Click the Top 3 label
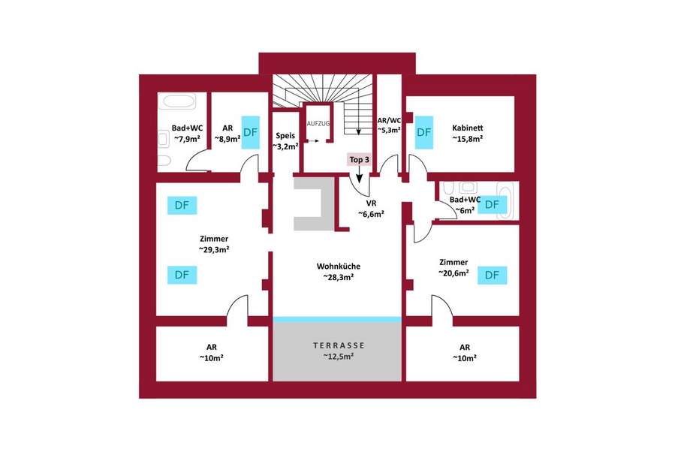coord(359,159)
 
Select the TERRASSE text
coord(339,345)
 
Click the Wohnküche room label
coord(338,266)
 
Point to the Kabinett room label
coord(467,127)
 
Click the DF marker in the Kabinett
coord(424,131)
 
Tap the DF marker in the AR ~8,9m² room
coord(251,131)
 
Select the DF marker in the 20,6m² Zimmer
coord(492,275)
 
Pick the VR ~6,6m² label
coord(370,203)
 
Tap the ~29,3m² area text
coord(214,249)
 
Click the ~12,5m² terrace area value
coord(339,356)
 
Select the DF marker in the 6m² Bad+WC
coord(493,204)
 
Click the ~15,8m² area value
coord(467,138)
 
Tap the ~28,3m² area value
coord(338,277)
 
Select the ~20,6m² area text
coord(454,273)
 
